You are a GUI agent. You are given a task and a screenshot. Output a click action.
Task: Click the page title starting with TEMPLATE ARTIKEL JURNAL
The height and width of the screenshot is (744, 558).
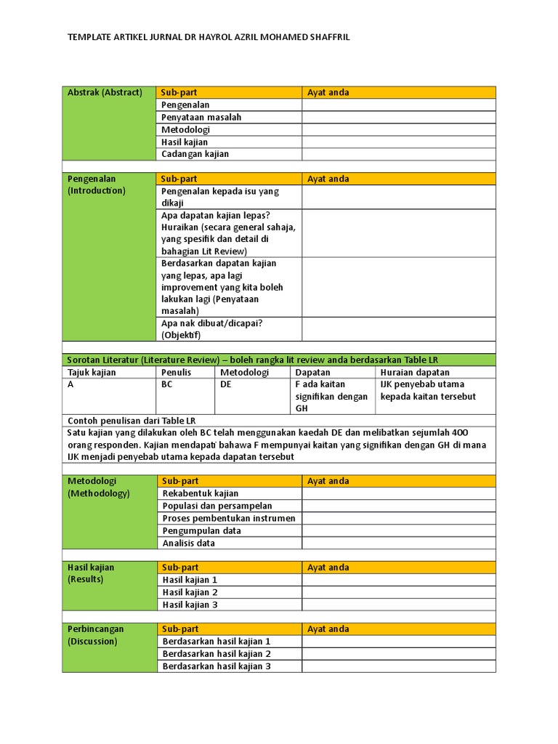[209, 37]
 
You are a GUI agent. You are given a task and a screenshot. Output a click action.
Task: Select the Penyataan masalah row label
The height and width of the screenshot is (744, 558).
[201, 117]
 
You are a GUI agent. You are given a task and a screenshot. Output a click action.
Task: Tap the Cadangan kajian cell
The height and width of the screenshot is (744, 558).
[195, 154]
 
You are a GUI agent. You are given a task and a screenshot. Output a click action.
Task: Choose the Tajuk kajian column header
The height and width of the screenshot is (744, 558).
[92, 373]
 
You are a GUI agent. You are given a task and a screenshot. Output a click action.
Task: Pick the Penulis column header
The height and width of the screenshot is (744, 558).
[177, 373]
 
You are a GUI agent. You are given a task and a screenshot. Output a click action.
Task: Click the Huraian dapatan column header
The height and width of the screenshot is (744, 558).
[415, 373]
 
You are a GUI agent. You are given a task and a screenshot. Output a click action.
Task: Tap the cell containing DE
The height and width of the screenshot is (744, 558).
[225, 385]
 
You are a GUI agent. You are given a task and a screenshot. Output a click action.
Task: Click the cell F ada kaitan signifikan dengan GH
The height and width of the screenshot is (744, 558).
[331, 396]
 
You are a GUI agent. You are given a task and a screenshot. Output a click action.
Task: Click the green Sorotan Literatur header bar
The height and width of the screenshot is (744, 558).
[279, 360]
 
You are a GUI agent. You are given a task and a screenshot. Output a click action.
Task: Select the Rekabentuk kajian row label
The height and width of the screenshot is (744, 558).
[201, 493]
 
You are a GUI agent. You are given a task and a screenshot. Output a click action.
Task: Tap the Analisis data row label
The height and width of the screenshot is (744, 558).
[189, 543]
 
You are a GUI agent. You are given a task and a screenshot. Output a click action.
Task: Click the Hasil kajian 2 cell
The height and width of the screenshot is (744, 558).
[190, 592]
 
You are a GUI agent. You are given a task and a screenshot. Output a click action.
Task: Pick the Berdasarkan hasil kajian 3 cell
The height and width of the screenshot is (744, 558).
[217, 666]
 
